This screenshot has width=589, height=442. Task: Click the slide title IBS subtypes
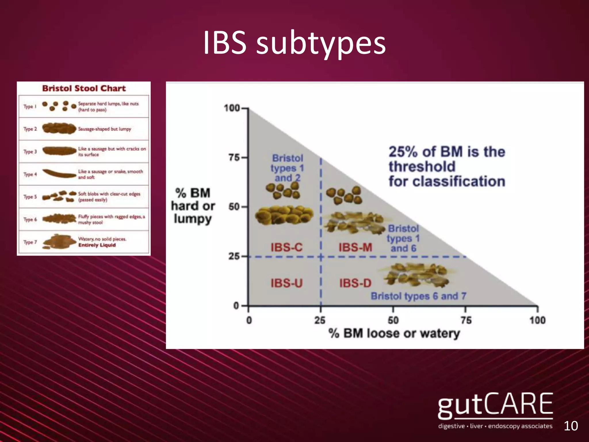click(x=294, y=43)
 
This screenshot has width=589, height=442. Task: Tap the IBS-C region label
click(x=286, y=247)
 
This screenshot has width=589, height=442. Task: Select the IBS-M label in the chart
click(x=355, y=247)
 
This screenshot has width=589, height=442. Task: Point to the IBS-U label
click(x=286, y=283)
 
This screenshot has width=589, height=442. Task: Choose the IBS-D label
click(x=355, y=283)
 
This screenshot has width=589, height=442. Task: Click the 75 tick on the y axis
click(x=234, y=158)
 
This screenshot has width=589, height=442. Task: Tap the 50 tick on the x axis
click(x=393, y=320)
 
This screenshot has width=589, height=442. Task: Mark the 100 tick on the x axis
click(x=538, y=320)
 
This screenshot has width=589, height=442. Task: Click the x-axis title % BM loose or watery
click(x=394, y=334)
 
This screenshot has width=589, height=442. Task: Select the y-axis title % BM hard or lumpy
click(x=193, y=205)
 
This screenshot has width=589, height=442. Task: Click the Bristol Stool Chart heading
click(x=84, y=88)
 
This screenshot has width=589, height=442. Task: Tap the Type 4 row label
click(x=30, y=174)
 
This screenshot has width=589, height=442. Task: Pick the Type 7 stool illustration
click(x=59, y=242)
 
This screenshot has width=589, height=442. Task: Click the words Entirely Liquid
click(x=97, y=245)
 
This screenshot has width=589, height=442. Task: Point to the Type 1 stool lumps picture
click(x=59, y=106)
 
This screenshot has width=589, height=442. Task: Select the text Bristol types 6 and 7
click(x=418, y=296)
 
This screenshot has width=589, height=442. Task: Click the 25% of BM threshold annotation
click(x=447, y=167)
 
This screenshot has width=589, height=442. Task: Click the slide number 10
click(x=571, y=426)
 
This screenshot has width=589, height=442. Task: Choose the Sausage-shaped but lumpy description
click(x=105, y=129)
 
